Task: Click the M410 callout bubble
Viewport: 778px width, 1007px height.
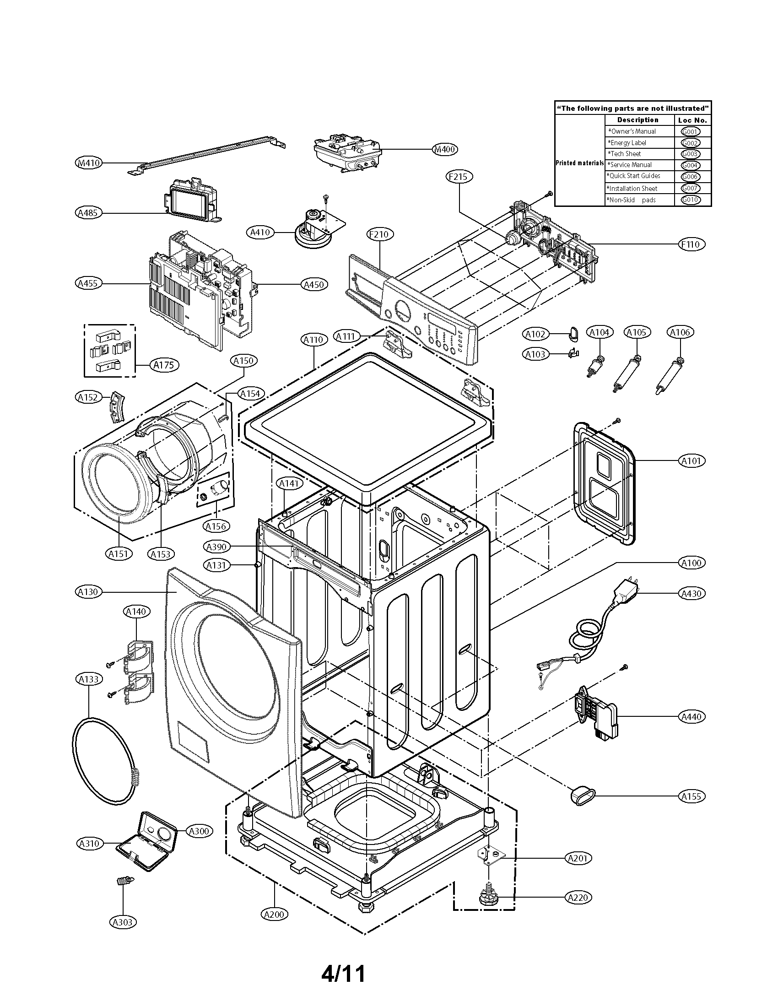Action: (88, 163)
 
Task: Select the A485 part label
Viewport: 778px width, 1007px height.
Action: (88, 213)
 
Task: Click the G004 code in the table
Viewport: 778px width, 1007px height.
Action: (690, 165)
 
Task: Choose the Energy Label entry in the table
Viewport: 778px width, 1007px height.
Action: (627, 143)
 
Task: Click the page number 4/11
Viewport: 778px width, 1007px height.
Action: (343, 974)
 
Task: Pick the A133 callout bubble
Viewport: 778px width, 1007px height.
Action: (88, 679)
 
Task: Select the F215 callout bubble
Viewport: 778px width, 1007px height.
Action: (459, 177)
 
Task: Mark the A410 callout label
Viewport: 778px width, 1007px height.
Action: (260, 233)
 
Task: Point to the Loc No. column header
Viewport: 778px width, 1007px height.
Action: (692, 120)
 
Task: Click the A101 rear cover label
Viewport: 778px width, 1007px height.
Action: (692, 460)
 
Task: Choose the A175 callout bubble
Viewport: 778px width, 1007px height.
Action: (164, 365)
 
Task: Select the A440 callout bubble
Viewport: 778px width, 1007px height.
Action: (692, 716)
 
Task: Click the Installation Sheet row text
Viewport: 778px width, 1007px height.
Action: (632, 189)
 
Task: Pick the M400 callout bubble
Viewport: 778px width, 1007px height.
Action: (445, 149)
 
